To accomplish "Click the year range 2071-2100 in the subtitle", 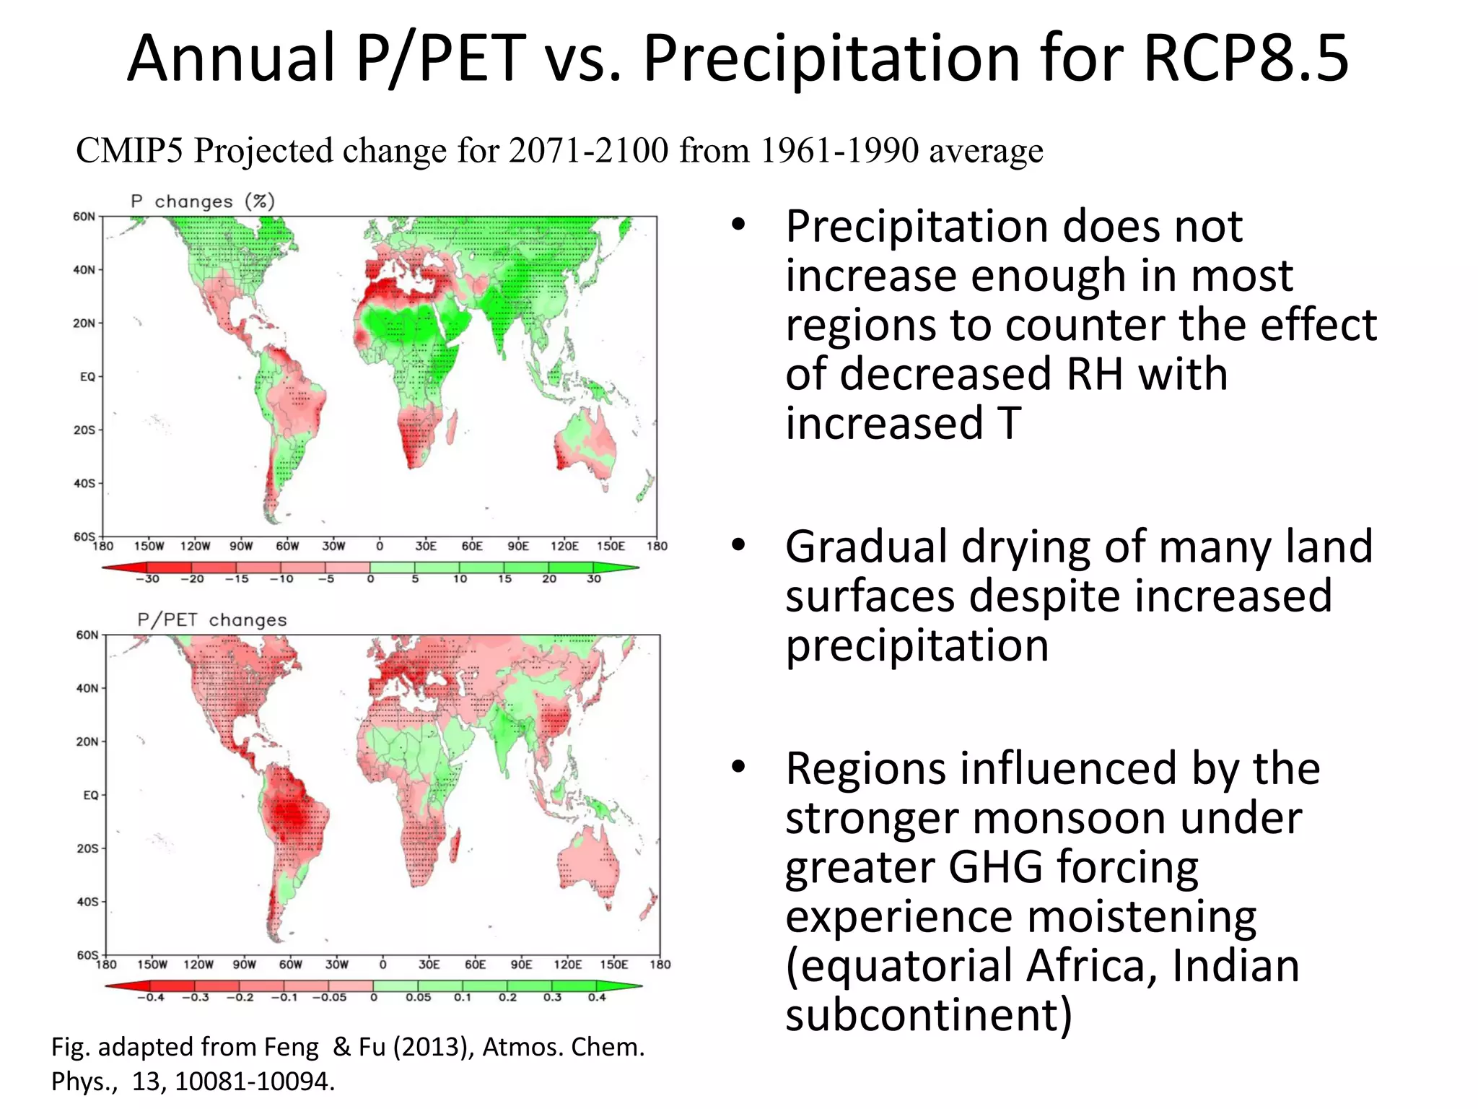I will pyautogui.click(x=588, y=151).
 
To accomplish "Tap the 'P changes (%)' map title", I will pyautogui.click(x=203, y=201).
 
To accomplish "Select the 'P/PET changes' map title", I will pyautogui.click(x=211, y=620).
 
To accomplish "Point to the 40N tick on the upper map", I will pyautogui.click(x=84, y=270).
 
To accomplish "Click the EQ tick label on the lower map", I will pyautogui.click(x=90, y=795).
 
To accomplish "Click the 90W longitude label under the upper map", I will pyautogui.click(x=241, y=547).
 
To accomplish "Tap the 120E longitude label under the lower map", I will pyautogui.click(x=567, y=965).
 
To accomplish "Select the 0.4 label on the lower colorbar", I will pyautogui.click(x=597, y=998).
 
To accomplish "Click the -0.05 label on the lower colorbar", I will pyautogui.click(x=329, y=998).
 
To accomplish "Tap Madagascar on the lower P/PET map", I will pyautogui.click(x=455, y=846).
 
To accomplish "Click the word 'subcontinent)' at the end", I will pyautogui.click(x=929, y=1014).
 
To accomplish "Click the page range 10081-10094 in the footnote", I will pyautogui.click(x=255, y=1082).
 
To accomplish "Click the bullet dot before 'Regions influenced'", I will pyautogui.click(x=737, y=767).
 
